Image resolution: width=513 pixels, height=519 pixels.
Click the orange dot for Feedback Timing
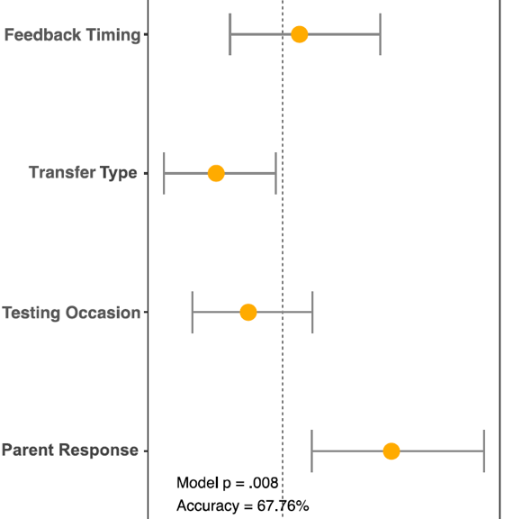point(300,34)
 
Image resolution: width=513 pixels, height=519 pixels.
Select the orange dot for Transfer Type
point(216,173)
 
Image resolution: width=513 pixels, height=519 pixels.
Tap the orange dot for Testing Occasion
point(248,312)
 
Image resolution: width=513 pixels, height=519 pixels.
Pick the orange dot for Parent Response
point(391,451)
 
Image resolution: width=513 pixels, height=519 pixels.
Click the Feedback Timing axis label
point(72,35)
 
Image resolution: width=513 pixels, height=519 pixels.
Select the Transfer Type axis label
point(83,173)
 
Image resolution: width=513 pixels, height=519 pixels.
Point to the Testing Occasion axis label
point(71,313)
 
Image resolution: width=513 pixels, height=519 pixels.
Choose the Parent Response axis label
point(70,451)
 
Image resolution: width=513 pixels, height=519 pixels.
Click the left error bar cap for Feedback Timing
point(230,34)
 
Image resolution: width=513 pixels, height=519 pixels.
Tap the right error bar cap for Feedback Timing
point(381,34)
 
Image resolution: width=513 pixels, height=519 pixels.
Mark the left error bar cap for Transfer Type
point(164,173)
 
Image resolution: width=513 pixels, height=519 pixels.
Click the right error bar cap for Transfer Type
point(275,173)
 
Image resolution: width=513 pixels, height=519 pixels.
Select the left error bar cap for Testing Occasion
point(193,312)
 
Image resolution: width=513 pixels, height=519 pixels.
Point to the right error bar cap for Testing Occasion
point(312,312)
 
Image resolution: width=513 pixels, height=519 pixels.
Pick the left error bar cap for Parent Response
point(311,451)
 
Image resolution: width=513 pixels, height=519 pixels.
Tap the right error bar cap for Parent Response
point(484,451)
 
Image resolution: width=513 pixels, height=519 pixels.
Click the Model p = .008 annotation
point(228,483)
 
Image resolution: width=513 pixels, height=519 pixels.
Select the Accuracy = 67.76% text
point(243,506)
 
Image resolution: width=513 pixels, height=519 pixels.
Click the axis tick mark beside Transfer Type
point(146,173)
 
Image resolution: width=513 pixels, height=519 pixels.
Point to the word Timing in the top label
point(113,35)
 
